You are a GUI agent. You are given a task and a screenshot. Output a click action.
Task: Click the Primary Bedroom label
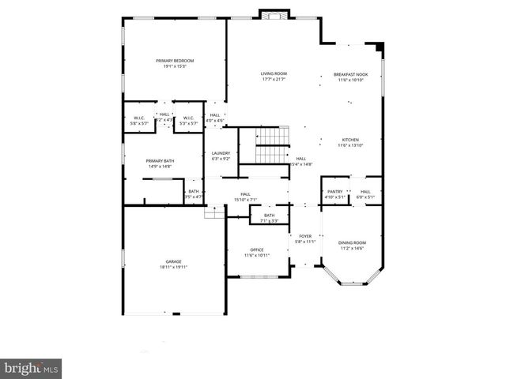click(x=175, y=61)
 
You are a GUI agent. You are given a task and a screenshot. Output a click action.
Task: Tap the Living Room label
click(x=274, y=73)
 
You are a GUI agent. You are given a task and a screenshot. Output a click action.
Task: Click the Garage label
click(x=174, y=261)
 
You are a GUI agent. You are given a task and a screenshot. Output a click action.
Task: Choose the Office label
click(x=257, y=250)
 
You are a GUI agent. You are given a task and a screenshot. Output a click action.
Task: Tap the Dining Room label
click(x=352, y=242)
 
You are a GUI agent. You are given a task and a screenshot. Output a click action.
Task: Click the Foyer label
click(x=305, y=235)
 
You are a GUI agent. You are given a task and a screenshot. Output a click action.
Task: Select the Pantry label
click(x=334, y=191)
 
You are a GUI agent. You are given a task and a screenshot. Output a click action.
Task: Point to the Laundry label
click(x=221, y=153)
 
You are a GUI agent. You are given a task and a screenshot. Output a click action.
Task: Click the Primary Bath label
click(x=160, y=161)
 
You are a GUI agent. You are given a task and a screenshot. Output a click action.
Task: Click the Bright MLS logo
click(x=31, y=369)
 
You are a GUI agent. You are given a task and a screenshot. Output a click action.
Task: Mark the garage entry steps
click(x=214, y=212)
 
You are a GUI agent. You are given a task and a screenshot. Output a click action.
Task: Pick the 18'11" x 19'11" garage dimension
click(x=174, y=268)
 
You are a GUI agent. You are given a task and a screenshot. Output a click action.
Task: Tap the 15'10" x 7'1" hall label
click(x=245, y=200)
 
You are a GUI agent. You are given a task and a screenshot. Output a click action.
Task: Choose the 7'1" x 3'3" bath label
click(x=270, y=221)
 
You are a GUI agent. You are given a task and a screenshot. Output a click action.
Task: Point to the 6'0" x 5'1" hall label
click(x=365, y=197)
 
